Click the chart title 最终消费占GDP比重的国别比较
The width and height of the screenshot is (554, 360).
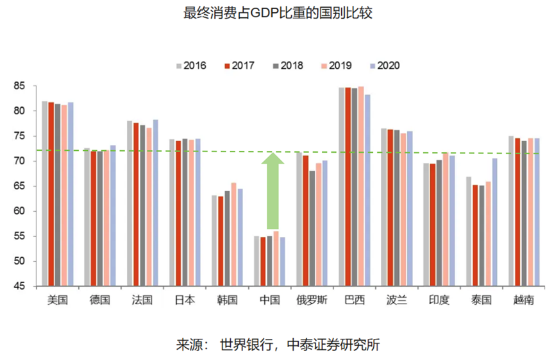pos(277,13)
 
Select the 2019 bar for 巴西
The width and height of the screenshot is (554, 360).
pos(361,186)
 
